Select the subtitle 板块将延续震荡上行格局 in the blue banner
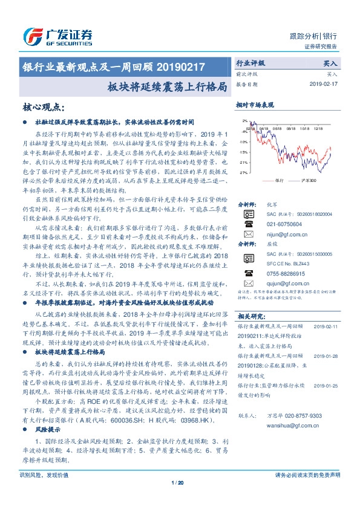tap(172, 85)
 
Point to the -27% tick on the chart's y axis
tap(243, 172)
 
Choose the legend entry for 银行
tap(280, 181)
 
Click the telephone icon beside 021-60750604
tap(248, 223)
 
